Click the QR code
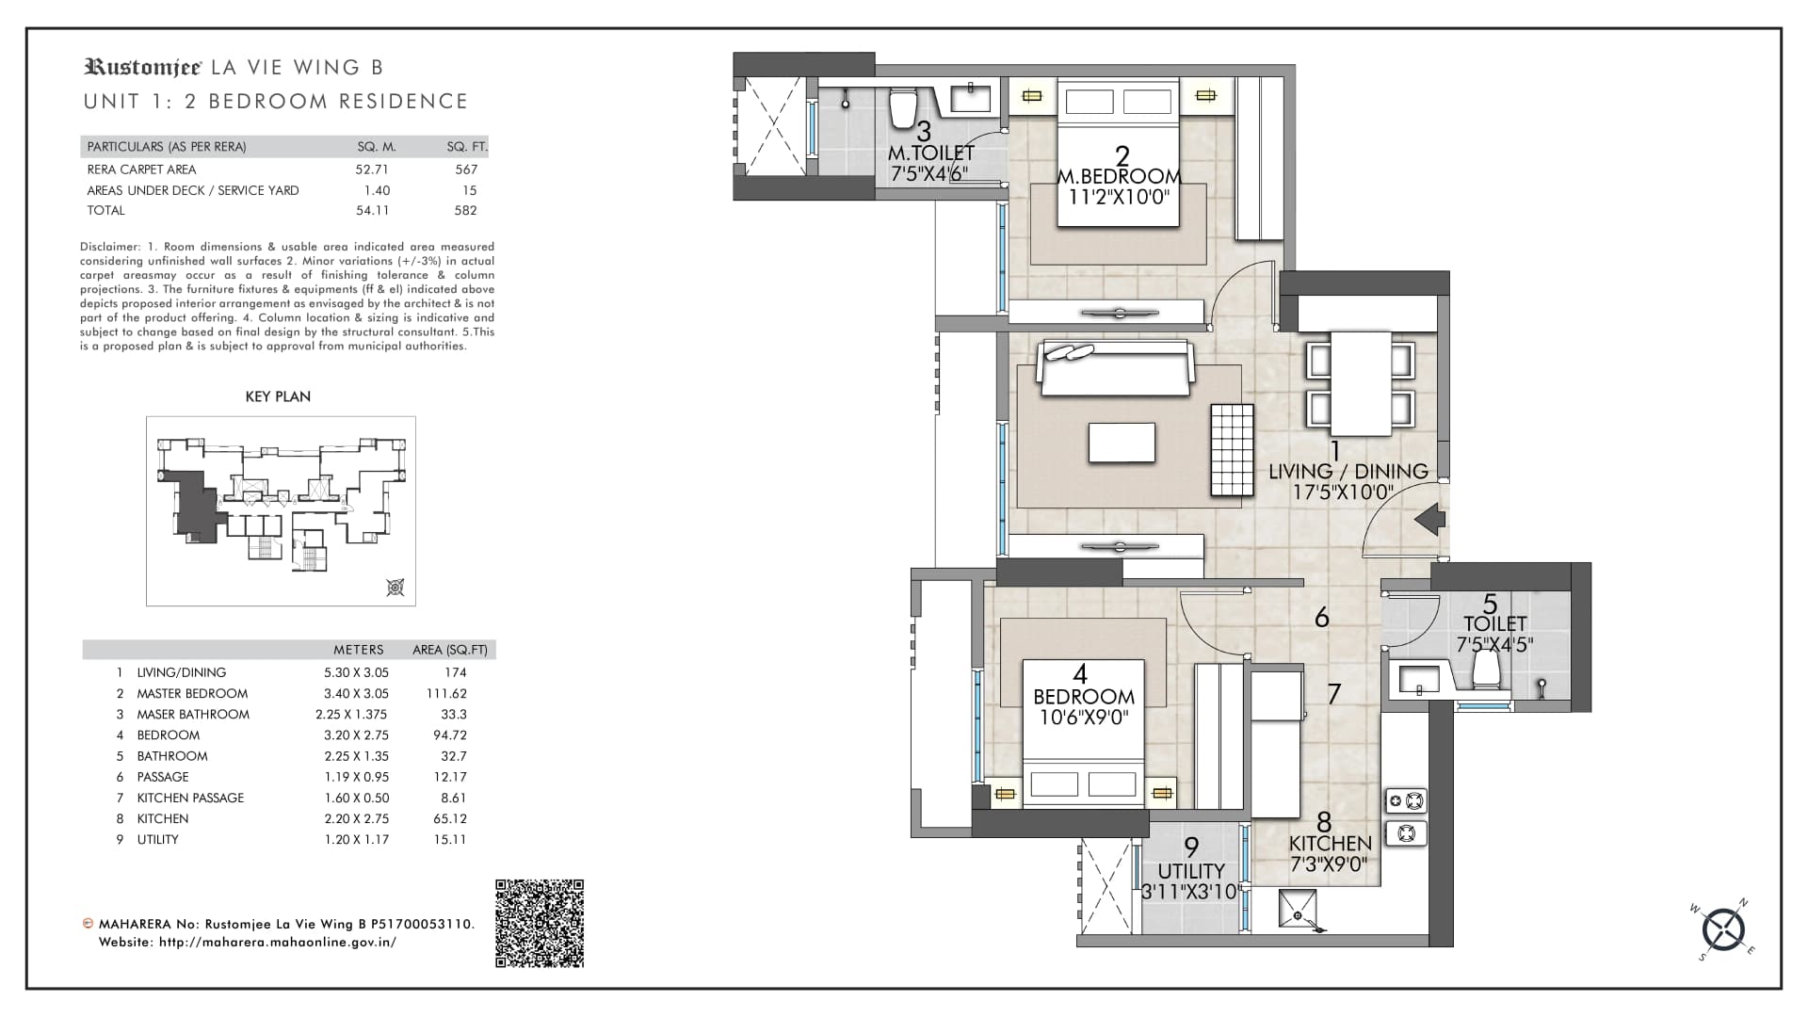540,923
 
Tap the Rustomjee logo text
143,67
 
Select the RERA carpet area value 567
466,169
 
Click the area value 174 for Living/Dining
456,672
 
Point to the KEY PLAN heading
278,396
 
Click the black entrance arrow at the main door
1430,519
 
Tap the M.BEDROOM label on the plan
1120,176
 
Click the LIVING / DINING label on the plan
1348,471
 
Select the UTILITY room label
1191,871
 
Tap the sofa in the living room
1116,368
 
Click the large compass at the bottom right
1724,929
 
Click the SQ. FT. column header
467,147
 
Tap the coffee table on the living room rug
1122,443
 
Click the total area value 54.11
372,210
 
